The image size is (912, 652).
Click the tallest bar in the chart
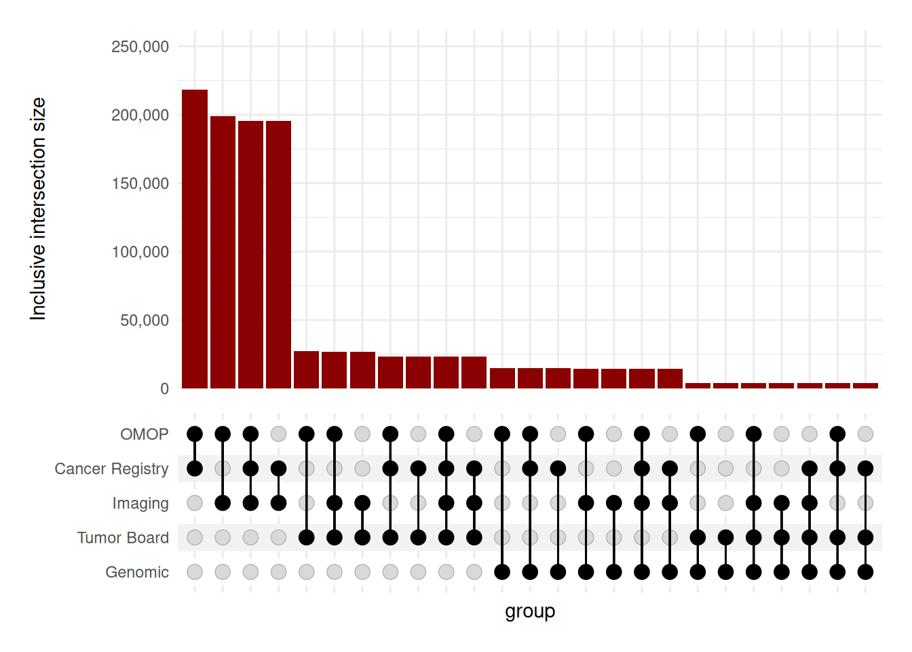[195, 238]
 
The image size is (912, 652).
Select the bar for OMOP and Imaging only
[223, 252]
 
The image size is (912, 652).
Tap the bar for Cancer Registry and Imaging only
[278, 255]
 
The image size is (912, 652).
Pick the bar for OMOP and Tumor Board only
[306, 369]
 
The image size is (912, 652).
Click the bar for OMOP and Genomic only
[502, 378]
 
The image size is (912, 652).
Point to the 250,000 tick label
[140, 47]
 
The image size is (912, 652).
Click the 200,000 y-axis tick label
[140, 115]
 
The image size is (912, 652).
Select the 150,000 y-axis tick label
[140, 183]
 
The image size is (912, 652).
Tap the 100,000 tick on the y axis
[140, 252]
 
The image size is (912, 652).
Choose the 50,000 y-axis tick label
[144, 321]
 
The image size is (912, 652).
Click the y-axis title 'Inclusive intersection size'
[38, 209]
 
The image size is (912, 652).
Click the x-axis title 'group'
[530, 611]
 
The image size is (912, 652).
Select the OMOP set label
[144, 434]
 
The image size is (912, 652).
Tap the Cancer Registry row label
[111, 469]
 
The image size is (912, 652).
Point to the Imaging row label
[140, 503]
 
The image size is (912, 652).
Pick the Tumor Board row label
[123, 538]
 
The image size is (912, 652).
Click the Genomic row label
[137, 573]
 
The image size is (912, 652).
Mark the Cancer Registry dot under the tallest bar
[195, 469]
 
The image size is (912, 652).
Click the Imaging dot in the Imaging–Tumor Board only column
[362, 503]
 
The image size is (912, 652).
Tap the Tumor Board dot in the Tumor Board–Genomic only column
[725, 538]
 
